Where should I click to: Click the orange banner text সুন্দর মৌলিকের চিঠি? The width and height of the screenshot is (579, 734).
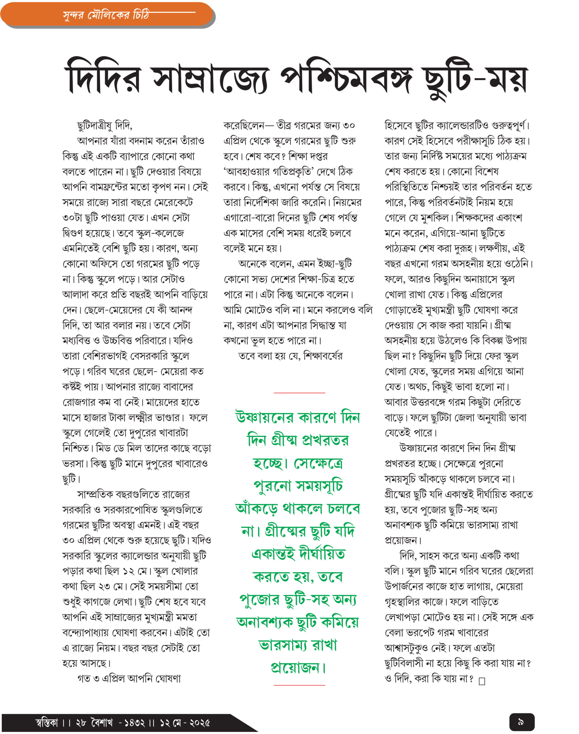106,15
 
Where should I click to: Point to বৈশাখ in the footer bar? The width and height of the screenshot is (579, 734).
102,722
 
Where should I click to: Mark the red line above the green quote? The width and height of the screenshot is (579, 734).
299,393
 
